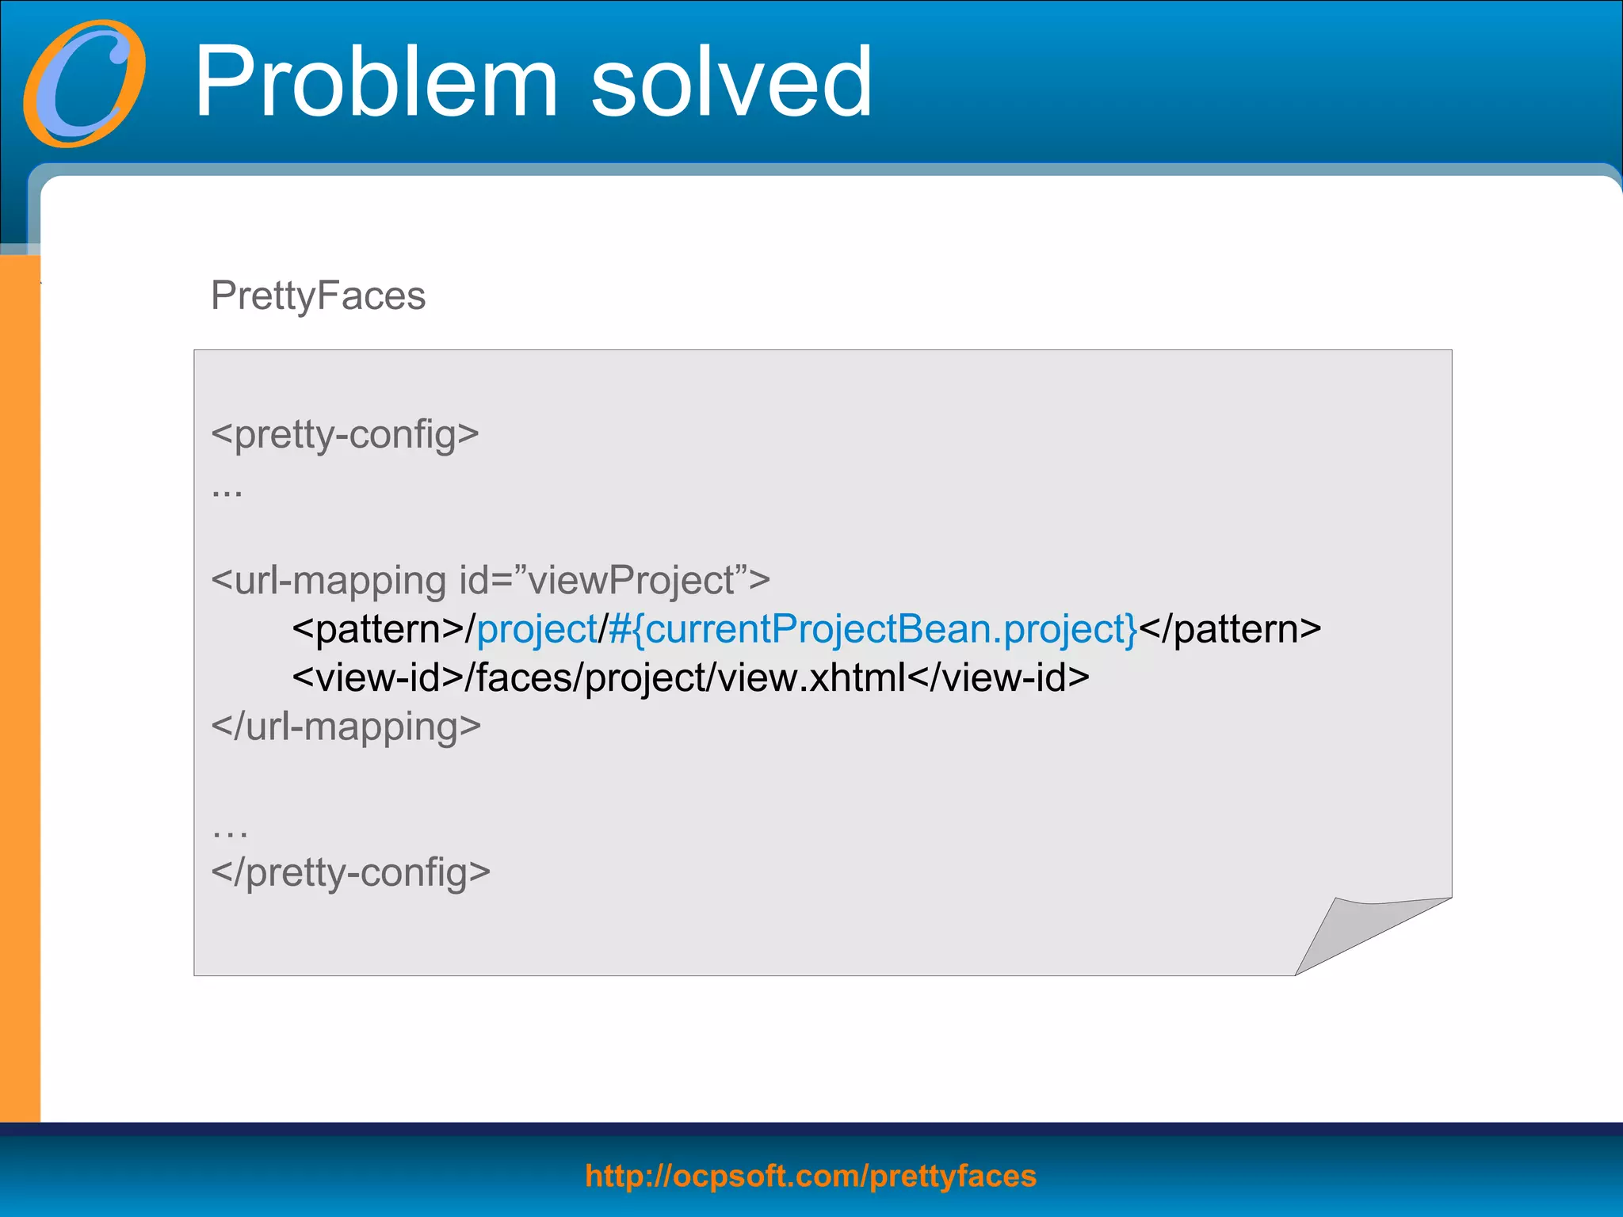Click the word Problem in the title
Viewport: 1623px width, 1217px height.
376,82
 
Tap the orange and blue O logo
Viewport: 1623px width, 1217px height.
85,83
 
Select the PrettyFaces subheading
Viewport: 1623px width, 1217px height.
318,296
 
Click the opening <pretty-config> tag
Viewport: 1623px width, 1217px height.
345,435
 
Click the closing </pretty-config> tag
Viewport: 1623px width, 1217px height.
350,872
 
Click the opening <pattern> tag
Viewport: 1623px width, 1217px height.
378,630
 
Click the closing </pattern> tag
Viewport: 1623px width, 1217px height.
1230,630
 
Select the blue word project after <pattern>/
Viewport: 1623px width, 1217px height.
537,630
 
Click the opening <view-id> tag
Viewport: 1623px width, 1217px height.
378,678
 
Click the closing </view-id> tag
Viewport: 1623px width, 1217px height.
999,678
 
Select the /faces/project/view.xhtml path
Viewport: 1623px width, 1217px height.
685,678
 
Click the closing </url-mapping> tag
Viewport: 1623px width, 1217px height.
346,727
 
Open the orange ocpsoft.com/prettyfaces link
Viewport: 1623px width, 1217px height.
811,1176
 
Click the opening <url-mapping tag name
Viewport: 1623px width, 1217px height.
329,581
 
